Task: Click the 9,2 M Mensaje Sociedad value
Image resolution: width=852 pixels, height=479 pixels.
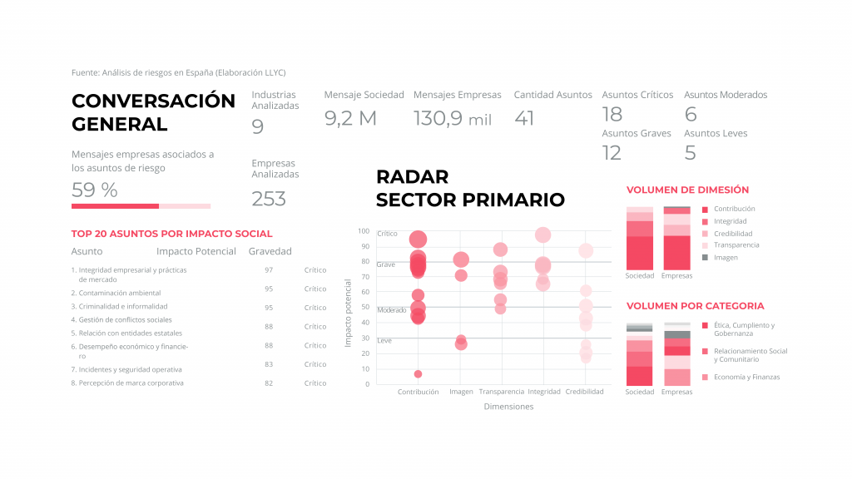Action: click(x=350, y=119)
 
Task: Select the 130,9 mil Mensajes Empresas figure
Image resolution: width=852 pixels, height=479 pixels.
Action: click(x=453, y=119)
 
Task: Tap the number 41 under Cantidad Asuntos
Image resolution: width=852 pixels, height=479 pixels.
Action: click(x=524, y=119)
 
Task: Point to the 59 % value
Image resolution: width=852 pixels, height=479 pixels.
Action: click(x=95, y=190)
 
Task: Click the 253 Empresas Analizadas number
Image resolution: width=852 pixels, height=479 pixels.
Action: click(x=269, y=199)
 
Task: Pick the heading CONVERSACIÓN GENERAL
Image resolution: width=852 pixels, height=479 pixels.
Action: click(x=153, y=113)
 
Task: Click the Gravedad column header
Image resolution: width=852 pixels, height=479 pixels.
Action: click(x=270, y=251)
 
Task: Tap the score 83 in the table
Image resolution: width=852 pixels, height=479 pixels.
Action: click(x=269, y=364)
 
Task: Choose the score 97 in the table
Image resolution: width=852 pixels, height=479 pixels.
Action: click(x=269, y=270)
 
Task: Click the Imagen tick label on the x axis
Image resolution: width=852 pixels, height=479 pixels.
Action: click(x=461, y=392)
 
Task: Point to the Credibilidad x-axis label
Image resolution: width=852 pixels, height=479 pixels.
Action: click(x=584, y=392)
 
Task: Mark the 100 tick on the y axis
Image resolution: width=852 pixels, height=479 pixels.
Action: click(x=364, y=231)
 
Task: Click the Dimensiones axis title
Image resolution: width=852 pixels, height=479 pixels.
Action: click(x=508, y=407)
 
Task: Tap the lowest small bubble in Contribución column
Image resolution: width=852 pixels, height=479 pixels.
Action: click(x=418, y=374)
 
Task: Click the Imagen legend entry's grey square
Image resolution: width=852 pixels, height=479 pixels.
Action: click(x=705, y=258)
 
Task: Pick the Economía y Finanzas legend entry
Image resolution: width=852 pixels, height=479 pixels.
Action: click(x=744, y=378)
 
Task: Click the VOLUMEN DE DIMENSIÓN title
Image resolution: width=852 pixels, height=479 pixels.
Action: click(x=687, y=190)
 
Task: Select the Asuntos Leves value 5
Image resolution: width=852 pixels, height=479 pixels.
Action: click(x=690, y=153)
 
